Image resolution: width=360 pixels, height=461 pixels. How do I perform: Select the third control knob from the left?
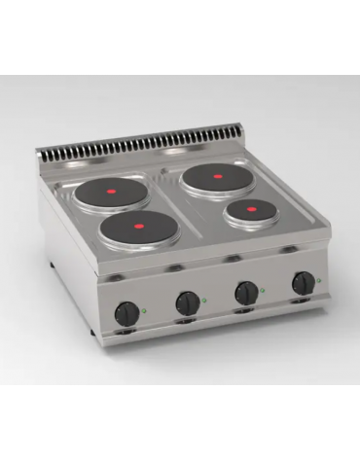pos(247,292)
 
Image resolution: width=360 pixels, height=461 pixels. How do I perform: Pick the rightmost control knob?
pos(305,282)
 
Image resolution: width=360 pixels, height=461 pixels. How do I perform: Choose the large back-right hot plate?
pos(223,178)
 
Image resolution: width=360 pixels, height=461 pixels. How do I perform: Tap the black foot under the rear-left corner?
pos(50,266)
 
